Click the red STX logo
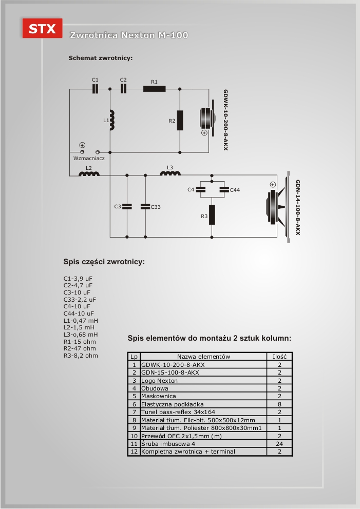click(42, 28)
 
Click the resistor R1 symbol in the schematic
click(155, 89)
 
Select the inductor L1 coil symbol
click(112, 120)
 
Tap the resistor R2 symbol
click(180, 121)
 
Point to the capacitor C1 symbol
click(95, 89)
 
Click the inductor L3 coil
click(170, 173)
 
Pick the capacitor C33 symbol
click(145, 206)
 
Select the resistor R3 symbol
click(212, 215)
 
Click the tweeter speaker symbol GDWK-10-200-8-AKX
click(207, 118)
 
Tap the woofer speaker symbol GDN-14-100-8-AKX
click(278, 207)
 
